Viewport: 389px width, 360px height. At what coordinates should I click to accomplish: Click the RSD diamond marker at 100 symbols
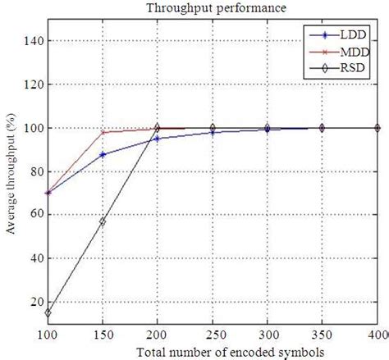coord(48,312)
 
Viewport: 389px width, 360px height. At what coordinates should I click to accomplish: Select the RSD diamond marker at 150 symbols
coord(103,221)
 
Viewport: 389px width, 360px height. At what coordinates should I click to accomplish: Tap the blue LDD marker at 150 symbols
coord(103,154)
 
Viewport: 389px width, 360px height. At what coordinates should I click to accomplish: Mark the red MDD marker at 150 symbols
coord(103,132)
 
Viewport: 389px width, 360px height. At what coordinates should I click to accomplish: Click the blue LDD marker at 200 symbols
coord(158,139)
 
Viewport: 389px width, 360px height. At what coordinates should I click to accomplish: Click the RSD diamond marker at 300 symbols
coord(267,128)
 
